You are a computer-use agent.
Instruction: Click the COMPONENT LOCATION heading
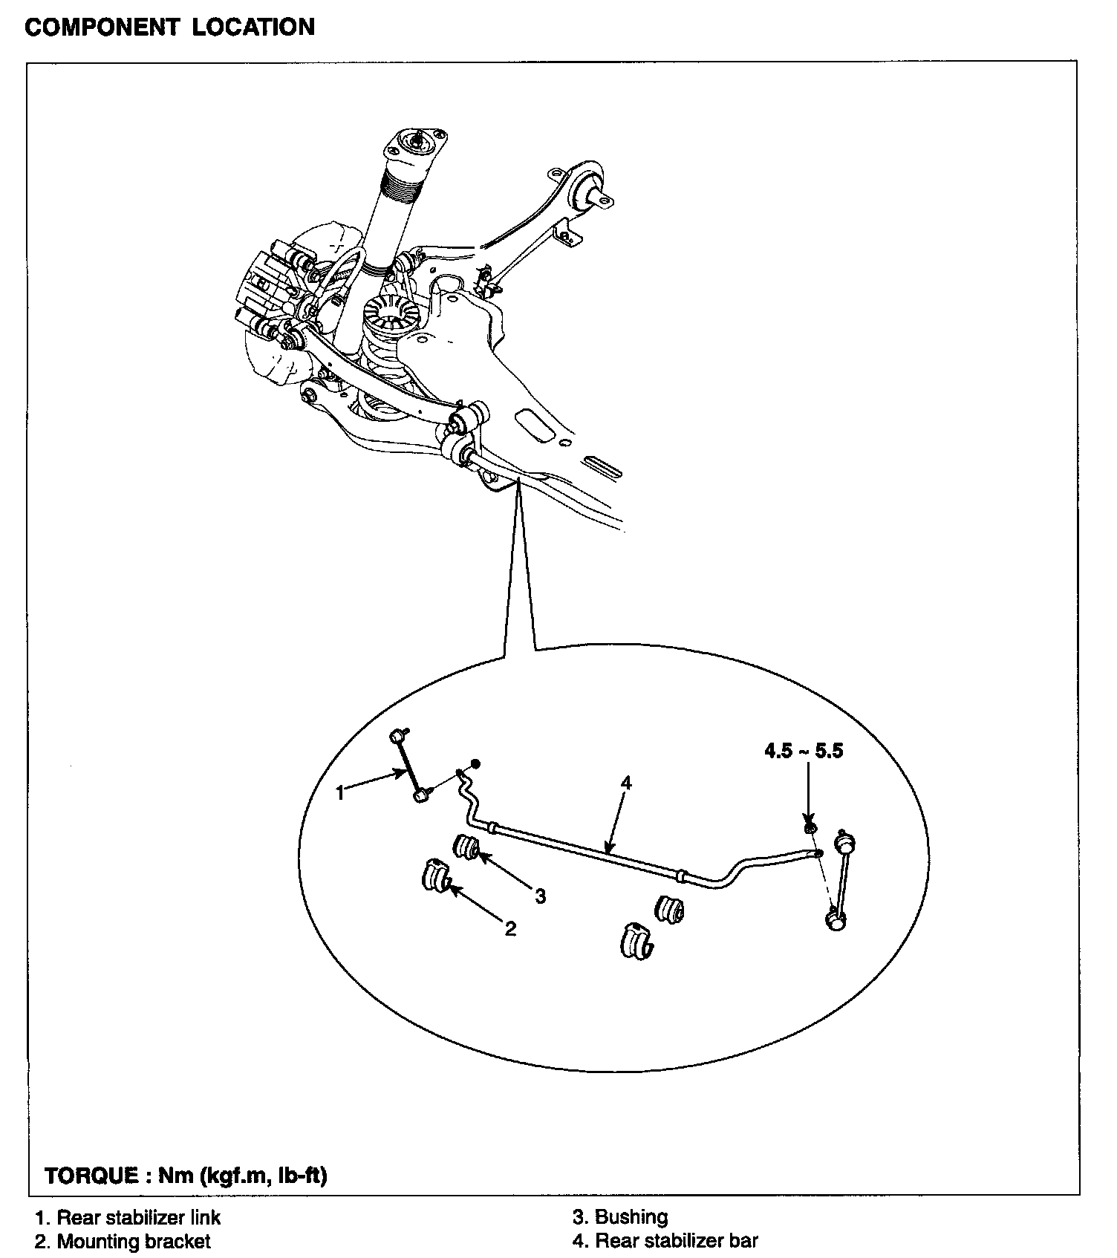tap(169, 27)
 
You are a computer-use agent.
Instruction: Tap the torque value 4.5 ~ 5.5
tap(804, 751)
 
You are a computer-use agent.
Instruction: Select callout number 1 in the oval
tap(340, 793)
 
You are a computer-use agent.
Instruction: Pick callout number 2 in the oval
tap(510, 928)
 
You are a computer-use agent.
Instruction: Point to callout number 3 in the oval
tap(540, 896)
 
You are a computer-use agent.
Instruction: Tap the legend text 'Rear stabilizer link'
tap(139, 1217)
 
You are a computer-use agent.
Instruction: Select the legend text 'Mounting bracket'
tap(134, 1241)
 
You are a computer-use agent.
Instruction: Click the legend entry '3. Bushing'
tap(620, 1217)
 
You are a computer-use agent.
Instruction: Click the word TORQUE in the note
tap(91, 1176)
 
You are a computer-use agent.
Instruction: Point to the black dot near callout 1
tap(476, 763)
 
